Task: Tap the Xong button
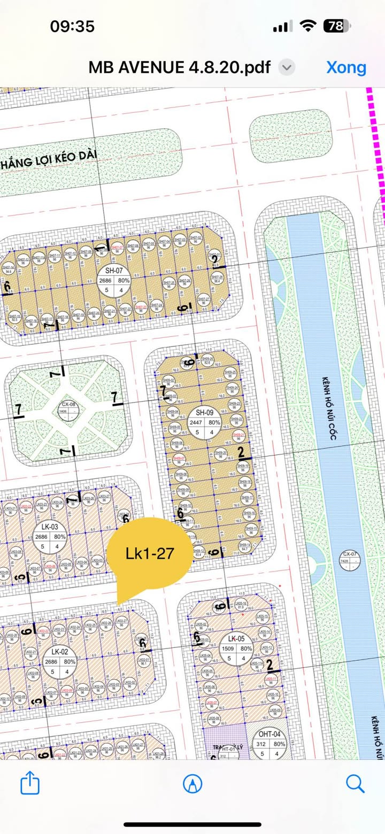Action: click(346, 67)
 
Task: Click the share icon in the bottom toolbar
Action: click(30, 784)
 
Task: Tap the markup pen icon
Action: click(192, 784)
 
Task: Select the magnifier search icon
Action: click(355, 784)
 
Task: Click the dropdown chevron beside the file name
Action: click(287, 67)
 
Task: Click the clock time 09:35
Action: click(72, 26)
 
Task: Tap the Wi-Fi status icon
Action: click(309, 26)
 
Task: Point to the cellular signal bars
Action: click(282, 26)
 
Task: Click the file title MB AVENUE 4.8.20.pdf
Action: click(180, 67)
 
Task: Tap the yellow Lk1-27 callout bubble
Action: click(149, 554)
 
